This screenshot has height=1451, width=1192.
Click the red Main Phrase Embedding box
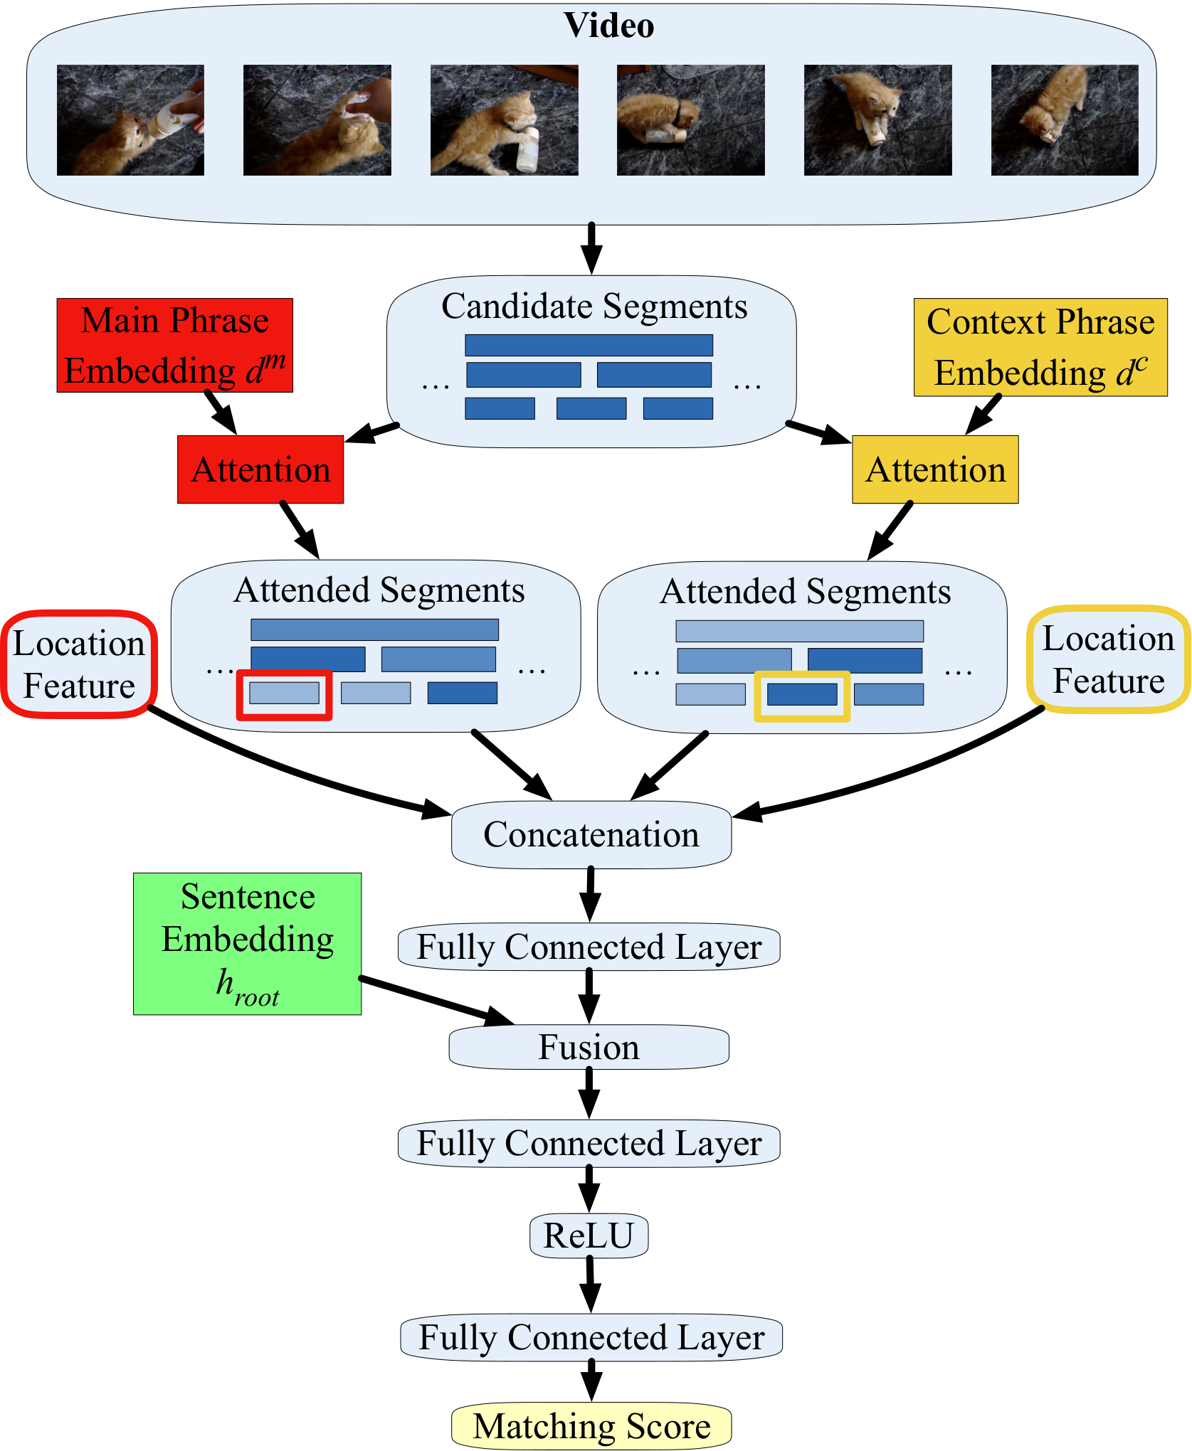175,345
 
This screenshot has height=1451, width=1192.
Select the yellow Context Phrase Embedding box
1040,347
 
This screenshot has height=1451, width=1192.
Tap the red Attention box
260,469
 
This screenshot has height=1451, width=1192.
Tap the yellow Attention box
935,469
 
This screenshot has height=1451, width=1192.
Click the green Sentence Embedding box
247,943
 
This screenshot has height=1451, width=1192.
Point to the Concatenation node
591,834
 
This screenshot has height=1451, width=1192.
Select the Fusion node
589,1047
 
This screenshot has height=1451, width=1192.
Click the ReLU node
589,1235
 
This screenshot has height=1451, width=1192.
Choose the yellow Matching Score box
591,1426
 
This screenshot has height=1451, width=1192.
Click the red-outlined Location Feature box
79,664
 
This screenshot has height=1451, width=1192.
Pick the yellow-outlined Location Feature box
1108,659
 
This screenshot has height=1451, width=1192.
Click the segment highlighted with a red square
284,693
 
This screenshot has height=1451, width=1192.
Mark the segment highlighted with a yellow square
802,694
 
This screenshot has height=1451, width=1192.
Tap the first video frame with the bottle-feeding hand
130,120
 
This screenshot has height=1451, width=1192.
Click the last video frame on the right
1065,120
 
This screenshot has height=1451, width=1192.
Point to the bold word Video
608,26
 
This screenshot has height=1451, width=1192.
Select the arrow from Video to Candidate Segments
591,249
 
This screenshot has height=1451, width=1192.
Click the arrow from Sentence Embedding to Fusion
436,1001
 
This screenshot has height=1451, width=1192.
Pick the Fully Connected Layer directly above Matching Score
591,1337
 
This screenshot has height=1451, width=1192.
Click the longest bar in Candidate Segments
589,345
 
